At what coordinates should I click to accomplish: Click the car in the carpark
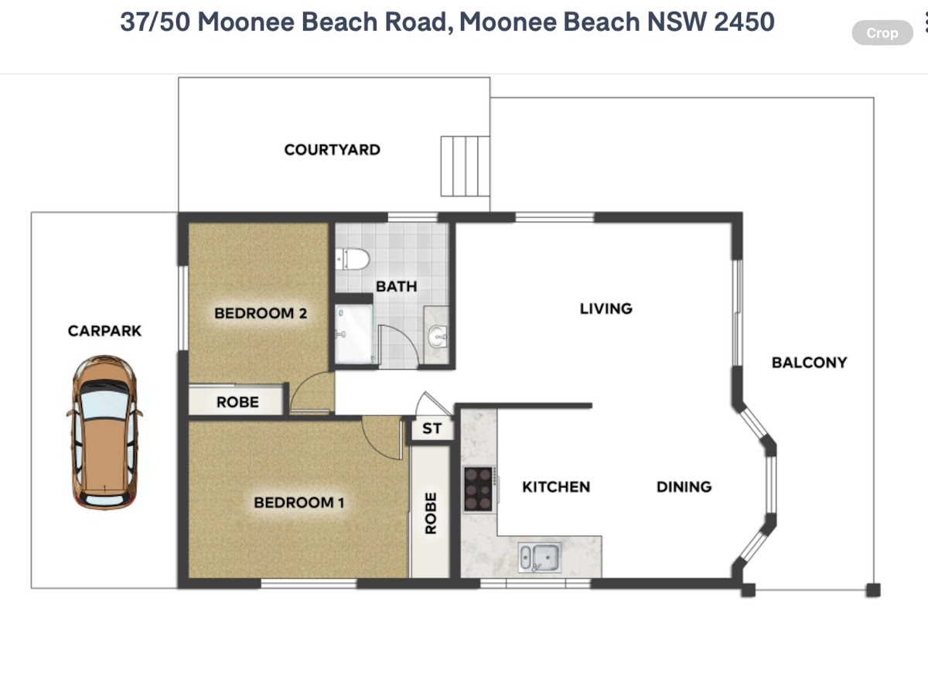point(104,432)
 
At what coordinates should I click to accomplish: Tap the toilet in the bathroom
point(353,259)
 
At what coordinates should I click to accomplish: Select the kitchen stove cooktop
point(479,489)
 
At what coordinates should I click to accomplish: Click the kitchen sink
point(540,558)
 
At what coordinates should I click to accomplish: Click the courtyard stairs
point(465,166)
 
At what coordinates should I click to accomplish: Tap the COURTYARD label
point(333,149)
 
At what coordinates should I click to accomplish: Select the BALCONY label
point(809,363)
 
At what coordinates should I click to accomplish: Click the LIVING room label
point(606,309)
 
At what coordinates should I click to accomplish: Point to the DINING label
point(684,487)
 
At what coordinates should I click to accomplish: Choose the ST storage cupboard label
point(432,428)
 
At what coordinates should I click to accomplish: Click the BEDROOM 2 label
point(261,313)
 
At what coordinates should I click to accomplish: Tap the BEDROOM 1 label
point(299,503)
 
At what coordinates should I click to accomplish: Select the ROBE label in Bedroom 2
point(237,402)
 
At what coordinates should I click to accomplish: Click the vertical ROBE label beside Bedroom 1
point(431,513)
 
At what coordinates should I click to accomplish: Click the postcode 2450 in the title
point(744,22)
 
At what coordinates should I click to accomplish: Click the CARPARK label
point(104,331)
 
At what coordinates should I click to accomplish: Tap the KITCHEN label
point(556,487)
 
